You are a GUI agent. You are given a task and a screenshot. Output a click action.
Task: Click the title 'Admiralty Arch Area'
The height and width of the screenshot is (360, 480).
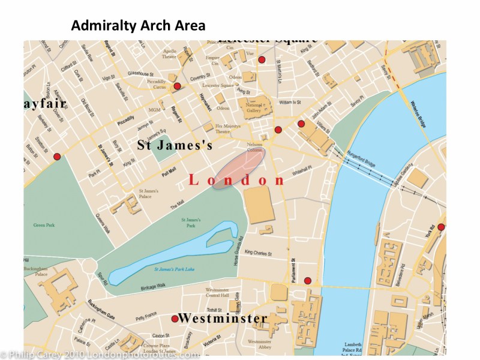138,26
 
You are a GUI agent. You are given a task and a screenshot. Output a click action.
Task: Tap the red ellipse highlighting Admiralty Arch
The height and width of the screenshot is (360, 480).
238,169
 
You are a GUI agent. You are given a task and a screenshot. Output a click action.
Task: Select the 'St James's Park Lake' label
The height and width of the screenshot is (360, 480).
174,269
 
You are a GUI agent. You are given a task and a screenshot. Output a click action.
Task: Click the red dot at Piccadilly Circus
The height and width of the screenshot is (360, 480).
177,86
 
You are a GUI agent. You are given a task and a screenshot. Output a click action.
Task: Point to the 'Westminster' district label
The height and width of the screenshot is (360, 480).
223,318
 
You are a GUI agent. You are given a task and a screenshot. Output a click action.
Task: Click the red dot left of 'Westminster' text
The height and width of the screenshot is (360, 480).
175,319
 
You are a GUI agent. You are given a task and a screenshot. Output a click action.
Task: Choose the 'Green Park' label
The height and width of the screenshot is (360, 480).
43,225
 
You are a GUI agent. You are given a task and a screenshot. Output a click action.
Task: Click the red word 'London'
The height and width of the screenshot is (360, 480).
237,181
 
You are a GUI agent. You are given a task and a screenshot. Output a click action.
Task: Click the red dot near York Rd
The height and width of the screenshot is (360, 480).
442,227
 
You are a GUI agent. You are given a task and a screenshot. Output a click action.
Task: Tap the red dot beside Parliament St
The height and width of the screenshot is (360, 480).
308,281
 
